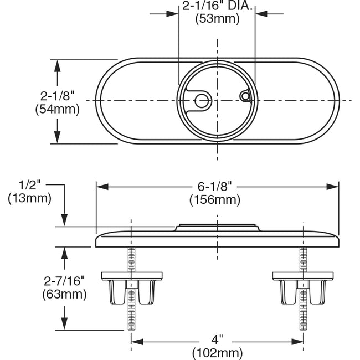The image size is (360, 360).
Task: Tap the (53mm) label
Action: click(x=217, y=20)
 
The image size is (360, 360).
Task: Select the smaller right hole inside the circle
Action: click(x=244, y=96)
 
